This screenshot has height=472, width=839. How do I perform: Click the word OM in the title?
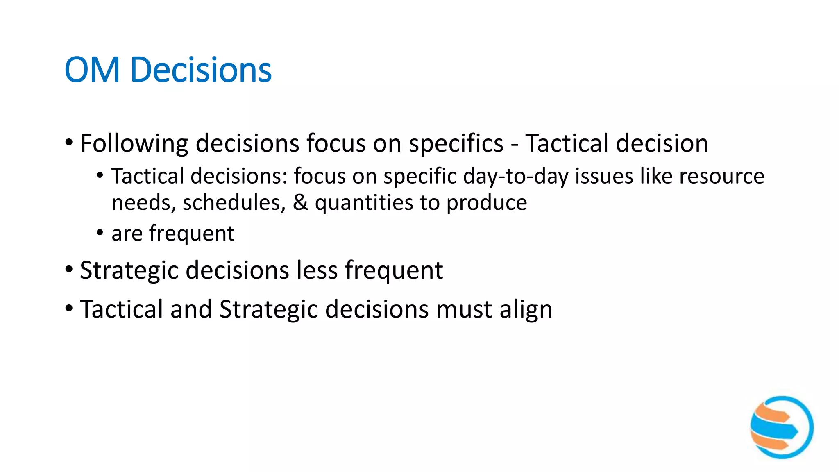point(92,70)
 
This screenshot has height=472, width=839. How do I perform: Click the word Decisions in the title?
point(201,70)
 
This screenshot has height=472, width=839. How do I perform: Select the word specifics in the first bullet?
point(456,143)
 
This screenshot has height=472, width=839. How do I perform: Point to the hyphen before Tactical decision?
point(515,145)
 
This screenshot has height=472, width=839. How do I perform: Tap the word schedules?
point(234,203)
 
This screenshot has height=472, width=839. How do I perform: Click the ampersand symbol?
point(300,203)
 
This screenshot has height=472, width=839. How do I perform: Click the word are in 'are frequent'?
point(127,234)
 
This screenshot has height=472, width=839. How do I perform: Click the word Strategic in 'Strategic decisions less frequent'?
point(129,271)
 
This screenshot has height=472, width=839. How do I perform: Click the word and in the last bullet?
point(191,309)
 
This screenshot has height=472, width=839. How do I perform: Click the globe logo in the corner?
point(782,427)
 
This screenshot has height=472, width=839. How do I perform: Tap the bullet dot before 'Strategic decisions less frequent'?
point(69,270)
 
